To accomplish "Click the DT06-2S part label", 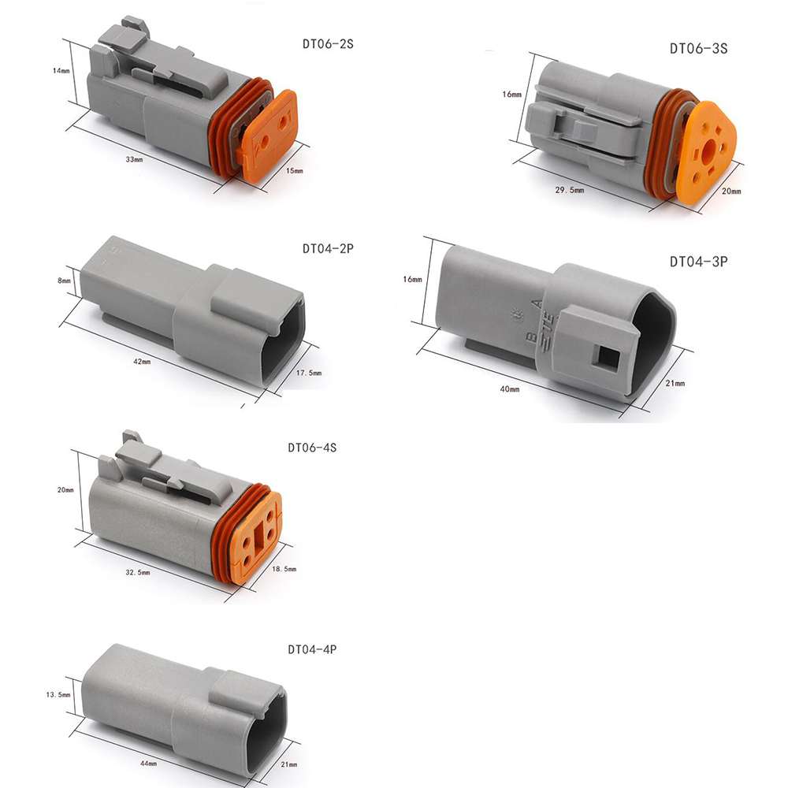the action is click(x=328, y=44).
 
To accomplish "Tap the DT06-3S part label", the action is click(x=698, y=49).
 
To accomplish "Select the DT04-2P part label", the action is click(x=328, y=249).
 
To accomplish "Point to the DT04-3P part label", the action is click(x=698, y=262).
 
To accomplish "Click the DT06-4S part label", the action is click(x=312, y=448).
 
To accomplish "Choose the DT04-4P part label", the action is click(x=312, y=650).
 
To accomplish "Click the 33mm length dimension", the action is click(x=134, y=159).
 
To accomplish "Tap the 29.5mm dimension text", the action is click(x=570, y=190).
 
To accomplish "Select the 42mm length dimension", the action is click(x=142, y=361).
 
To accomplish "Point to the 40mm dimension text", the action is click(x=510, y=388).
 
